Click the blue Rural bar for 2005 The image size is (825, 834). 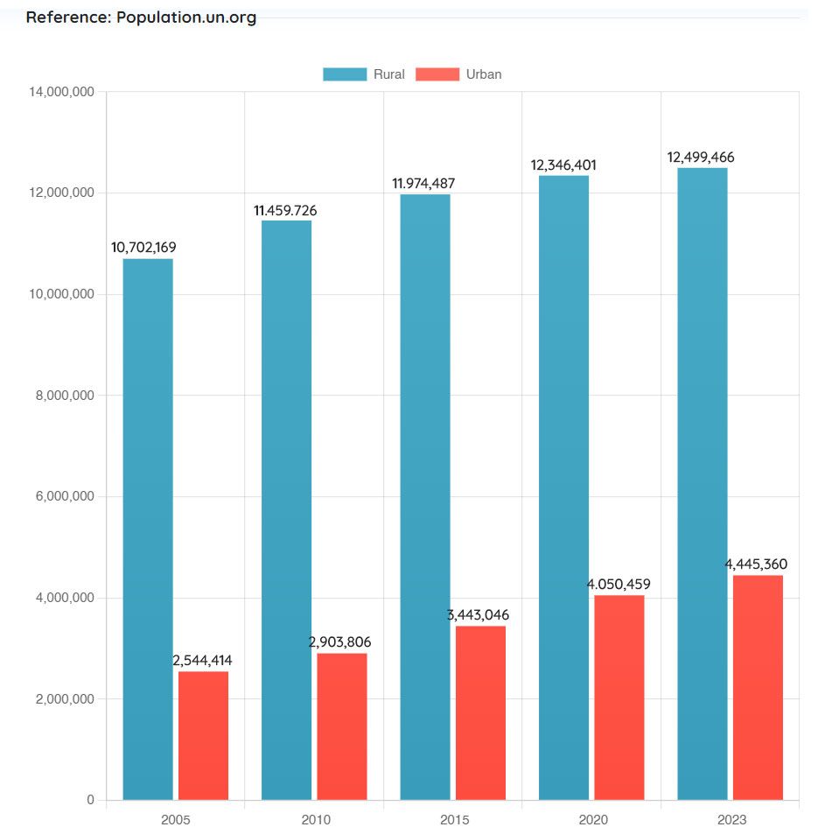tap(147, 529)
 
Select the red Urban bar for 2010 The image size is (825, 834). tap(342, 726)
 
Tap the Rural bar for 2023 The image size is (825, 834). tap(703, 483)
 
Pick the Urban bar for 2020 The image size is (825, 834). tap(619, 697)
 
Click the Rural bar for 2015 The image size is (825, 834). tap(425, 496)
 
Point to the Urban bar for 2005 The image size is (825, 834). tap(203, 735)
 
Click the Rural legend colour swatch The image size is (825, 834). tap(345, 74)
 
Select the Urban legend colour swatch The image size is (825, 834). tap(437, 74)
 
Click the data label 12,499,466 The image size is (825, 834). tap(701, 158)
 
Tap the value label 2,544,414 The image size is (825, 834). tap(203, 661)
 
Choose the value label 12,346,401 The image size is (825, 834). tap(563, 165)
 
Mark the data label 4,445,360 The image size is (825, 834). tap(756, 564)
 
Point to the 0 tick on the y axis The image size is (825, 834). tap(90, 800)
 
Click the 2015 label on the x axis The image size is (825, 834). tap(454, 820)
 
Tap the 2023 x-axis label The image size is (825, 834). tap(731, 820)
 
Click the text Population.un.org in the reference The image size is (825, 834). tap(186, 18)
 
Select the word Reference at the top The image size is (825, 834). tap(66, 18)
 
